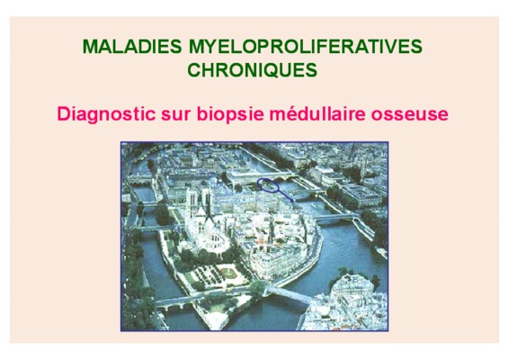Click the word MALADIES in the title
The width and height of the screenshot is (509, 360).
click(132, 47)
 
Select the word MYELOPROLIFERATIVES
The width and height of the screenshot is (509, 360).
click(306, 47)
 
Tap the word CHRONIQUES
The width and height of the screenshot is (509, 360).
click(252, 70)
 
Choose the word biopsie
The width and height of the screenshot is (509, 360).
click(230, 114)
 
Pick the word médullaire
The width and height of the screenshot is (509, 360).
click(317, 113)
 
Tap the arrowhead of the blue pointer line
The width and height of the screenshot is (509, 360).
click(293, 201)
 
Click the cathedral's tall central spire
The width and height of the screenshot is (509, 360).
click(207, 208)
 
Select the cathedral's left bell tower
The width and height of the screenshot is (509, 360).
click(192, 200)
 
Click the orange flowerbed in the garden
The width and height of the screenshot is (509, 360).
click(228, 272)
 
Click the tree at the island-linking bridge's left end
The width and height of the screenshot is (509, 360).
click(258, 287)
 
